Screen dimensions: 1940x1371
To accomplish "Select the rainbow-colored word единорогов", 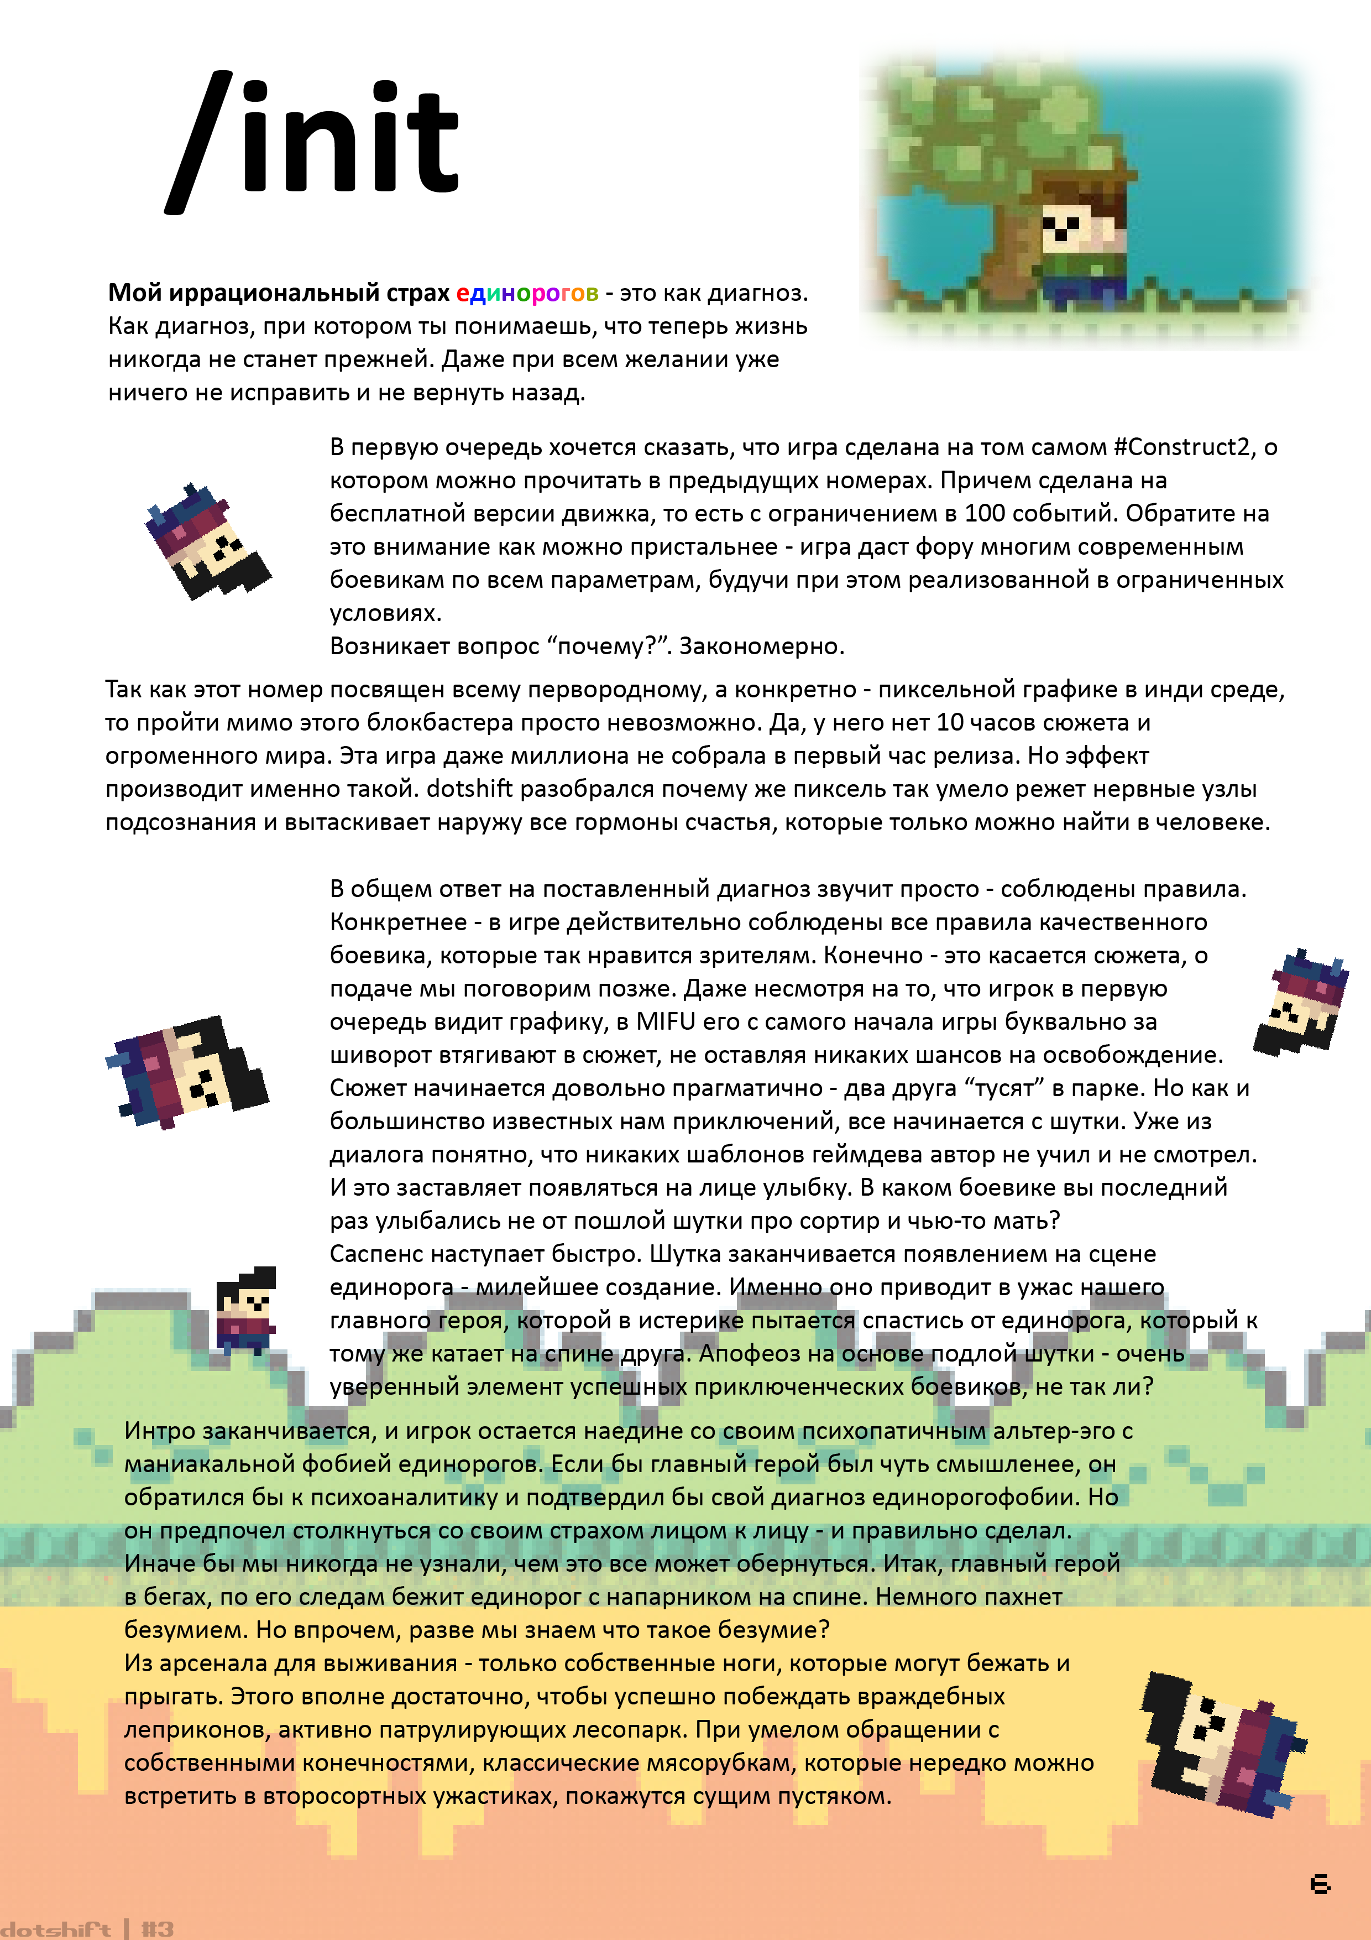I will coord(526,293).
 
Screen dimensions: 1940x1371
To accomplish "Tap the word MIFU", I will coord(666,1021).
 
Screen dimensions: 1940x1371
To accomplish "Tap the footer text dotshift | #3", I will coord(88,1929).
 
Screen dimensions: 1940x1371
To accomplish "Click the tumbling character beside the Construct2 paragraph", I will coord(206,541).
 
